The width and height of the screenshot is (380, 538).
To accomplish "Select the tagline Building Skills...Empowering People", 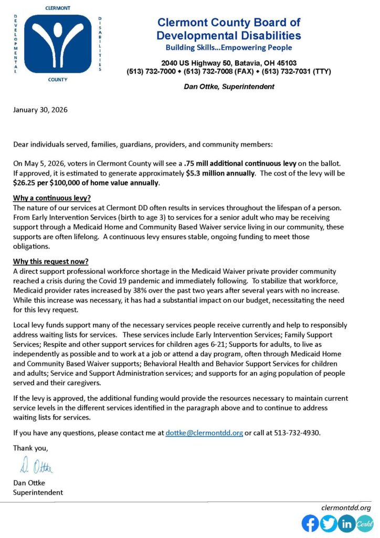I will point(228,48).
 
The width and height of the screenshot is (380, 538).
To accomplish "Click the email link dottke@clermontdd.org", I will point(204,433).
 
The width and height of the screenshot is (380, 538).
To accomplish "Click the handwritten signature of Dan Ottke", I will point(37,465).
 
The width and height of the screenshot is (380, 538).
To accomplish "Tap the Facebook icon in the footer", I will point(310,523).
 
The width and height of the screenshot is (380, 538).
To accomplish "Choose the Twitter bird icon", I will point(329,523).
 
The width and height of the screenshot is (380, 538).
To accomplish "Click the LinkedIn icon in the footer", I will point(346,523).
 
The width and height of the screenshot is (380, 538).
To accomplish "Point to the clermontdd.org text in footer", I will point(346,508).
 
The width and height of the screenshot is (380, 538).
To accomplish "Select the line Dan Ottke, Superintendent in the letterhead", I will point(228,87).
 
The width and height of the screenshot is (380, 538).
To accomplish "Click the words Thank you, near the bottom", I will point(30,448).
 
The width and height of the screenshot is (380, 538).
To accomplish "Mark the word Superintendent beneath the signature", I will point(38,492).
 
